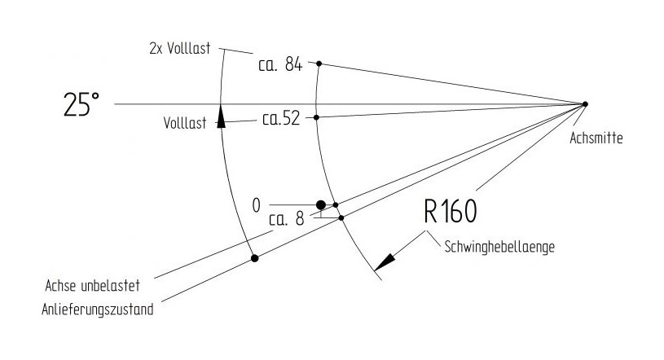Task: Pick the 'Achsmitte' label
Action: [599, 138]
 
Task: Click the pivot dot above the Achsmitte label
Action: [585, 103]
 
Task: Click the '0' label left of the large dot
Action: [257, 205]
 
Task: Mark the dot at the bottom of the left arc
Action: [255, 258]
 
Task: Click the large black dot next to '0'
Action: [321, 204]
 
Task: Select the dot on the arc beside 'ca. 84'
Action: [319, 64]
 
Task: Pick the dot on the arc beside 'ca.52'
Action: [316, 117]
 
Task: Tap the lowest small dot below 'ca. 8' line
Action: [341, 217]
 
